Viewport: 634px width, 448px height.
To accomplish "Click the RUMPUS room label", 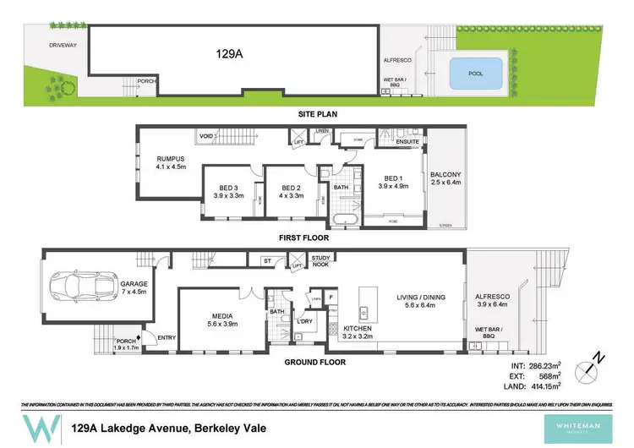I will click(171, 161).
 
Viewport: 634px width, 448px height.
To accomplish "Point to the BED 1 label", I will click(393, 181).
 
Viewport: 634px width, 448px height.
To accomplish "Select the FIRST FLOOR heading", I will click(303, 238).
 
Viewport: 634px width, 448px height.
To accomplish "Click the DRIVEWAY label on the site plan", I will click(63, 44).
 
